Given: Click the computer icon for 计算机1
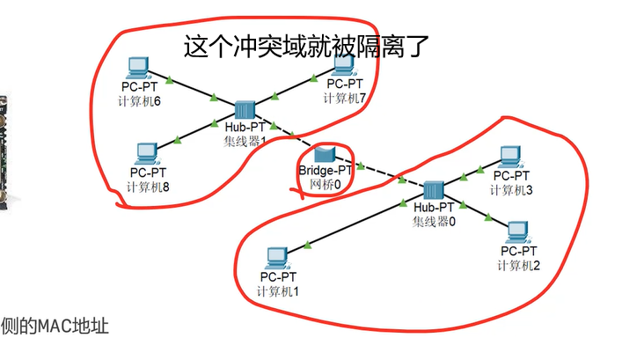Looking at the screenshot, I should click(276, 258).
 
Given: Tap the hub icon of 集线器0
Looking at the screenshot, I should click(432, 191).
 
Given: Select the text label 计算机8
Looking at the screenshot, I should click(148, 187).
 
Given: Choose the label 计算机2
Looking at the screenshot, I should click(519, 266).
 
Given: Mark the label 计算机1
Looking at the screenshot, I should click(278, 290).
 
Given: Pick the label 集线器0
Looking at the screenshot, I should click(434, 221).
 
